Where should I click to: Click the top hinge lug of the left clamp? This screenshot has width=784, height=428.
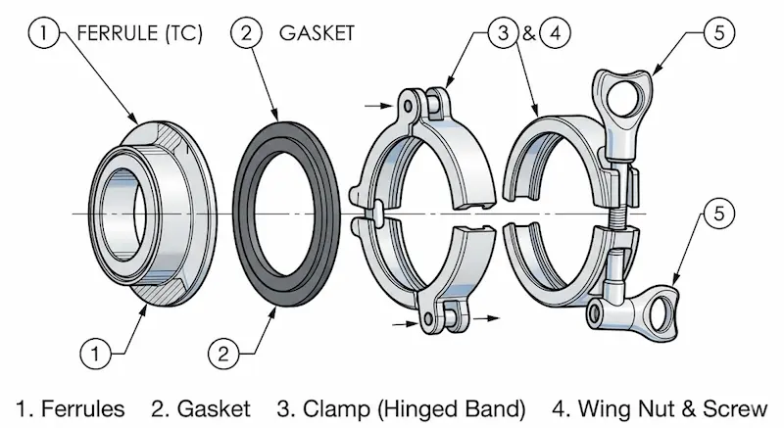coord(418,100)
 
